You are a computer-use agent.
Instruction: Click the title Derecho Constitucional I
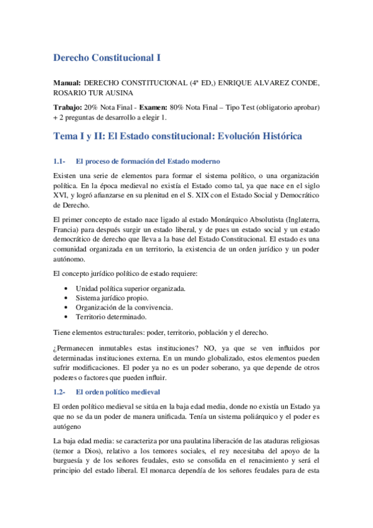[x=107, y=57]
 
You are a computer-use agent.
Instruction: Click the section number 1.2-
[x=60, y=392]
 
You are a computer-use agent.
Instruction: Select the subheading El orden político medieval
[x=118, y=392]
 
